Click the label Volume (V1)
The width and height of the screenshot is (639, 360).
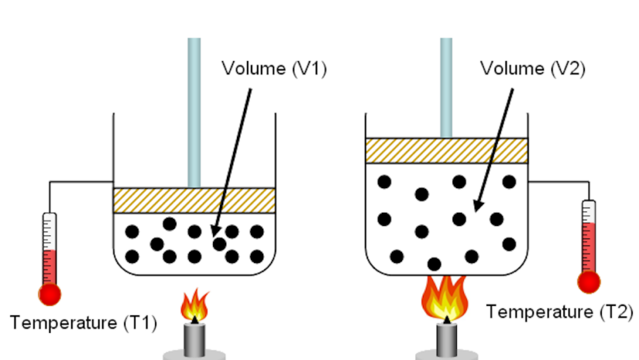[x=275, y=68]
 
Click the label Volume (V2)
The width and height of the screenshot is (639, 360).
[x=532, y=68]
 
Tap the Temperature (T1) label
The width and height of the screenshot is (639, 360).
[x=83, y=322]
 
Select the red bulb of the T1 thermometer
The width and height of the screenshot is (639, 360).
[x=50, y=293]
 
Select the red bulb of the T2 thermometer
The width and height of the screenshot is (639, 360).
[x=589, y=283]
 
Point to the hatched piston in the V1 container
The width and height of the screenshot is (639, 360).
[x=194, y=200]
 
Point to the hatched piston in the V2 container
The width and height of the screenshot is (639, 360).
[x=446, y=150]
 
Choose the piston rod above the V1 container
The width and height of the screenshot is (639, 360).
[x=194, y=108]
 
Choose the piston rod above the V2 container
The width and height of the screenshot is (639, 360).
[x=446, y=85]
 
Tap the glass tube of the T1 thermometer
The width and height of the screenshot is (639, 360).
[x=50, y=248]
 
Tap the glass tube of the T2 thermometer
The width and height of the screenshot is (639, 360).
[x=589, y=236]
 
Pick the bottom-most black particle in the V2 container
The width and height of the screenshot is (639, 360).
[x=435, y=264]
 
